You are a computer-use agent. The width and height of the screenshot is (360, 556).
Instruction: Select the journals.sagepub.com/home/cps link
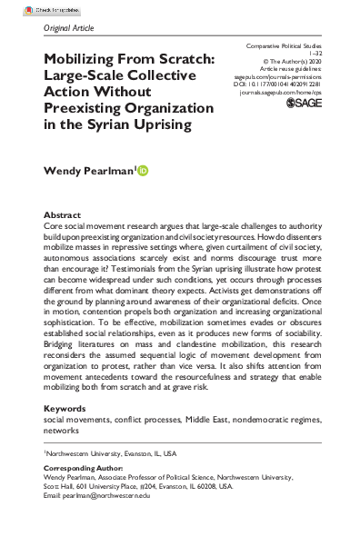tap(288, 94)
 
